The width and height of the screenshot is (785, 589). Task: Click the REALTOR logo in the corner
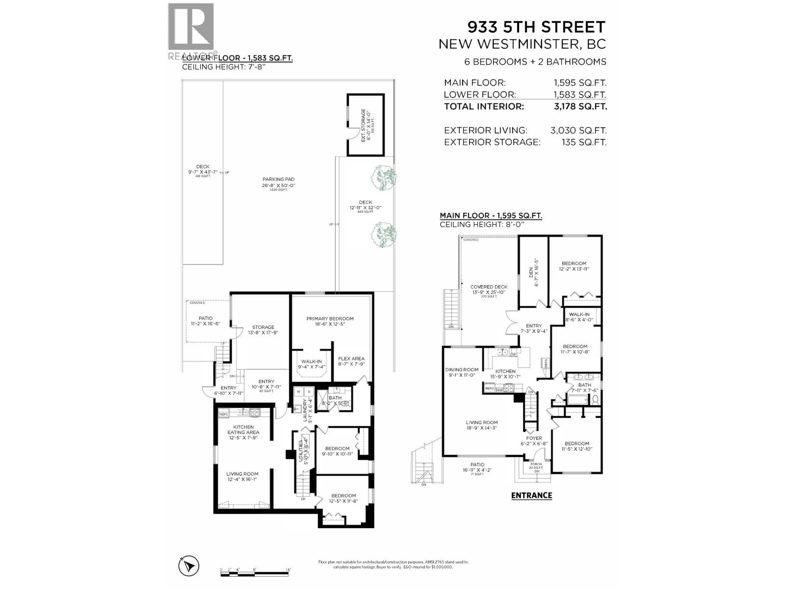(191, 30)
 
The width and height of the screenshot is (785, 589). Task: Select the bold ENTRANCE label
(531, 495)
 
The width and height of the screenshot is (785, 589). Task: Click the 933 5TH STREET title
(536, 27)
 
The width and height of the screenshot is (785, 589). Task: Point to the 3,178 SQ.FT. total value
(580, 107)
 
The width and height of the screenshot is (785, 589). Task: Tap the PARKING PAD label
(278, 180)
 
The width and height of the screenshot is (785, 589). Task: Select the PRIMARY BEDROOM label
(330, 319)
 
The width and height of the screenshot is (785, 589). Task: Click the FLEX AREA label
(351, 359)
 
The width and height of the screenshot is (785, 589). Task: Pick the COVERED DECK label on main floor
(489, 287)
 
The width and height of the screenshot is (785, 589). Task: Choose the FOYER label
(534, 438)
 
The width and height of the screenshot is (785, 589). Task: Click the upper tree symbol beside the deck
(383, 178)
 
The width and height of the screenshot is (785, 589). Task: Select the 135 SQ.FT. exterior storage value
(584, 142)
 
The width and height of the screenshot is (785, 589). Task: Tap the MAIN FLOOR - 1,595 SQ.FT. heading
(491, 215)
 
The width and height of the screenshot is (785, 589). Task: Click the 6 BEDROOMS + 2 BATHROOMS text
(535, 62)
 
